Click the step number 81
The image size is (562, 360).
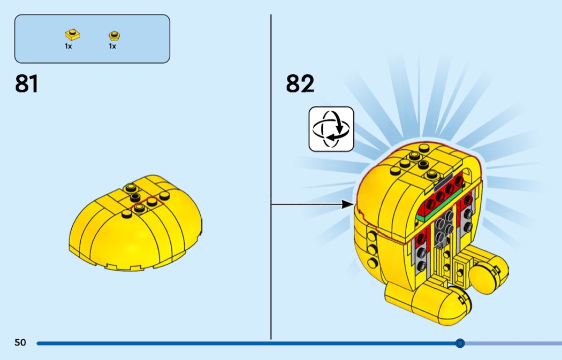(x=27, y=84)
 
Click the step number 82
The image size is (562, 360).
(x=300, y=84)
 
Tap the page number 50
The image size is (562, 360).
(x=20, y=343)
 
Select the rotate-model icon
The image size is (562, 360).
(x=331, y=129)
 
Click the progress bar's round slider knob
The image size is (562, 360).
(x=460, y=343)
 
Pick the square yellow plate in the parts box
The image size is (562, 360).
(x=72, y=35)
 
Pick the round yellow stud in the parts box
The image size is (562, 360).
(x=113, y=36)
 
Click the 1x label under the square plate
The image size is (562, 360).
(x=69, y=47)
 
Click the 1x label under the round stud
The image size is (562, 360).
(x=112, y=47)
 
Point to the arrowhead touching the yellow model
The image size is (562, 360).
(x=348, y=204)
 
